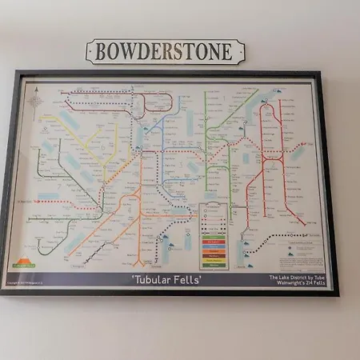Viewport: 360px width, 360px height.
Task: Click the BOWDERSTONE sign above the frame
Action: (x=165, y=51)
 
